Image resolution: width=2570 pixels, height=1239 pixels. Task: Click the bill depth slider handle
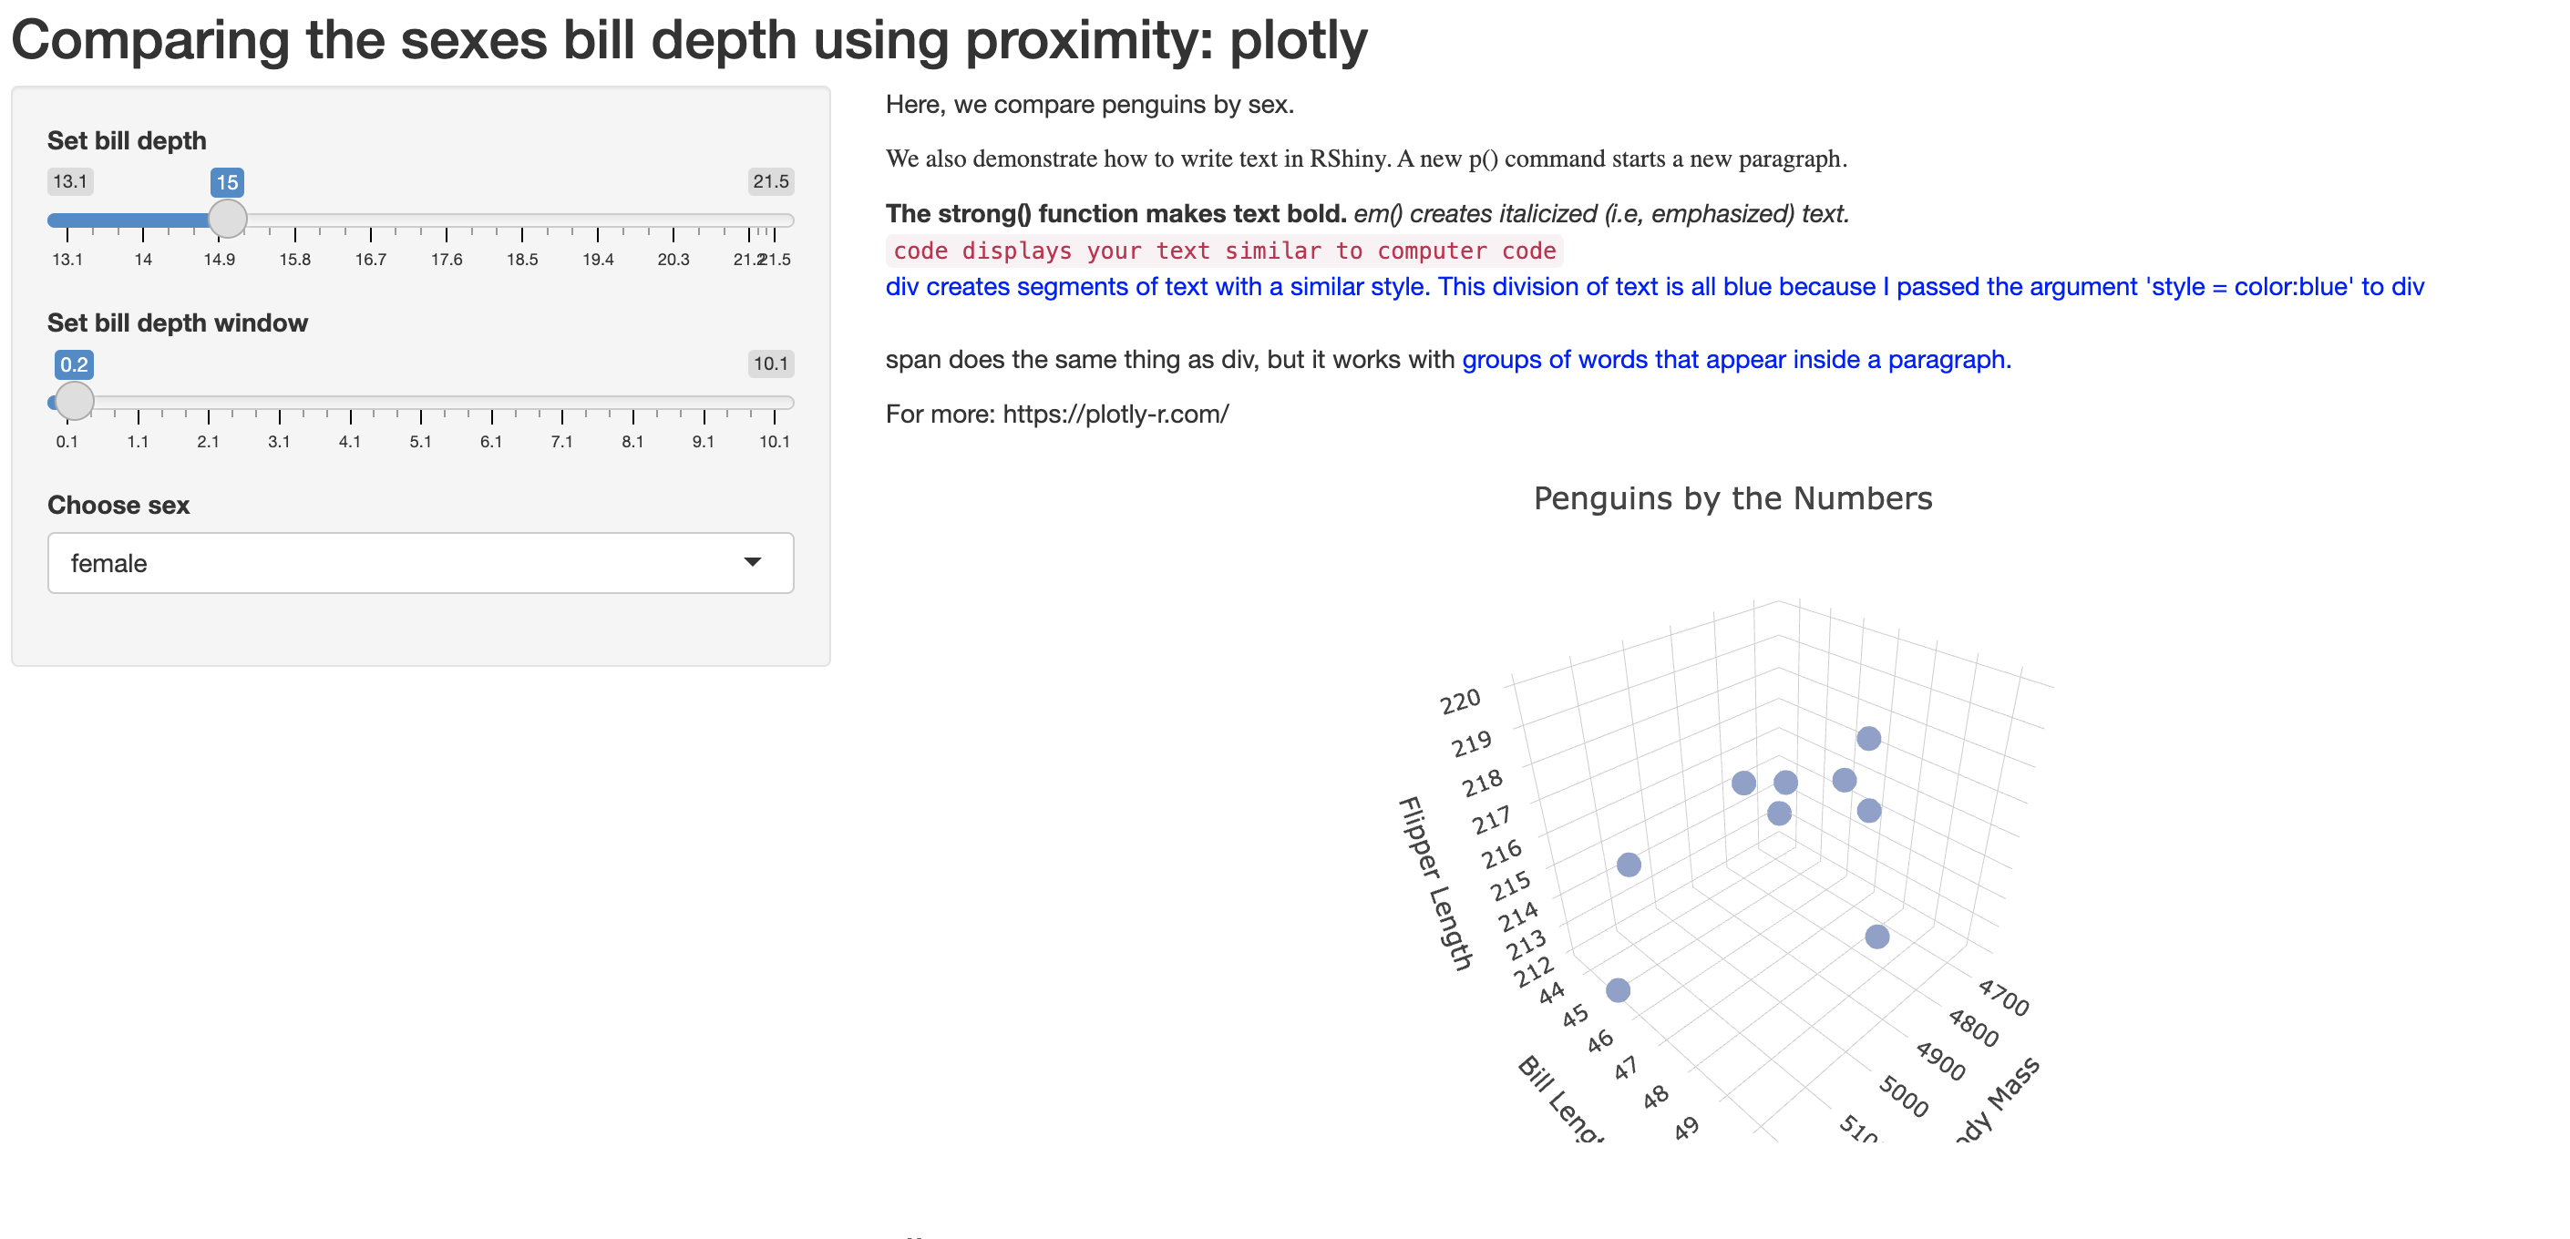point(228,219)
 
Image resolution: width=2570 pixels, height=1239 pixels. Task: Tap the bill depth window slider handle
point(74,401)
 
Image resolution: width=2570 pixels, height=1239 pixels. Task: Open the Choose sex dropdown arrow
point(752,563)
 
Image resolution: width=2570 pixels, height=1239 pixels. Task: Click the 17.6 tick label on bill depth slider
point(446,260)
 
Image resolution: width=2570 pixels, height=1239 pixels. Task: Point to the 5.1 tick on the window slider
point(420,441)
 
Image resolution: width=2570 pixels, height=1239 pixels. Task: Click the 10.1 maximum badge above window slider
point(770,364)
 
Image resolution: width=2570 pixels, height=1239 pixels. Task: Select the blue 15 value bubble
point(228,182)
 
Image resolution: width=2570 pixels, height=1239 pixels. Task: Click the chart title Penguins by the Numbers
point(1732,499)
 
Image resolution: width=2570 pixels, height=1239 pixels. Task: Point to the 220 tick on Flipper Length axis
point(1461,702)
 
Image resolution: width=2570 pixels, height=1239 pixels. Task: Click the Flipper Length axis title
point(1434,883)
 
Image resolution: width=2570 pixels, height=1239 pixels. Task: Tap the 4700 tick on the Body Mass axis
point(2003,998)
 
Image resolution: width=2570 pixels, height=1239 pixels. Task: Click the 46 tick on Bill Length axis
point(1600,1041)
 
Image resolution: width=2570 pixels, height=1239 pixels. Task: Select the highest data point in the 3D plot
point(1868,738)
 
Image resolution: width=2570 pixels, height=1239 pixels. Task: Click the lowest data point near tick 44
point(1619,990)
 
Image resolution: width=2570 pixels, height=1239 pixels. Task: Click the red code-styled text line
point(1224,251)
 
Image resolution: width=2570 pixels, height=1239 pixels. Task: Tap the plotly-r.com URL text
point(1115,414)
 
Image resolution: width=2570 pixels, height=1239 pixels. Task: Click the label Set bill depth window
point(178,323)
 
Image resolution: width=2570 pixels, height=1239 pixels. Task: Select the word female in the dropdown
point(108,564)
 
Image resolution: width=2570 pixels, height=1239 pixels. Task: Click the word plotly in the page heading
point(1298,41)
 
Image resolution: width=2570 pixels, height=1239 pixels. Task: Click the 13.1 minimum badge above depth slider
point(70,181)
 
